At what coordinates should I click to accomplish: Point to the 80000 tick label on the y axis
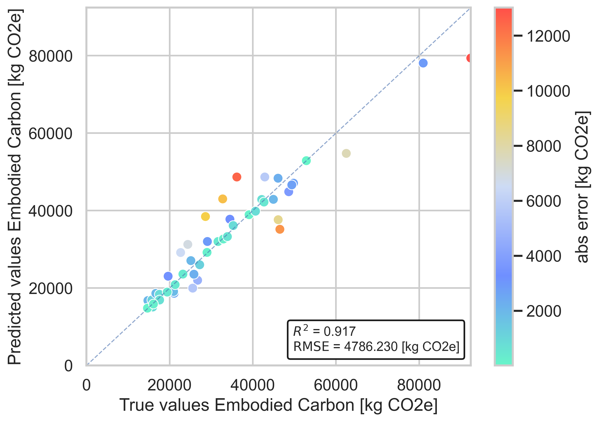pyautogui.click(x=50, y=56)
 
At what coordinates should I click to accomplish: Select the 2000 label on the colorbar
pyautogui.click(x=543, y=311)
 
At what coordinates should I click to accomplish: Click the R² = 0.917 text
pyautogui.click(x=324, y=331)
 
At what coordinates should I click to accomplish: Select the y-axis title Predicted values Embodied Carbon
pyautogui.click(x=15, y=187)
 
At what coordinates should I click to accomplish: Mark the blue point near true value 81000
pyautogui.click(x=423, y=63)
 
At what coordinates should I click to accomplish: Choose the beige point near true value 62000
pyautogui.click(x=346, y=153)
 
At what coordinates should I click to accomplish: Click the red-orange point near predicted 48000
pyautogui.click(x=237, y=177)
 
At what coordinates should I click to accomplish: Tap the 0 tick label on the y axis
pyautogui.click(x=68, y=366)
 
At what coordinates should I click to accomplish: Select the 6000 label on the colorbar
pyautogui.click(x=543, y=201)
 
